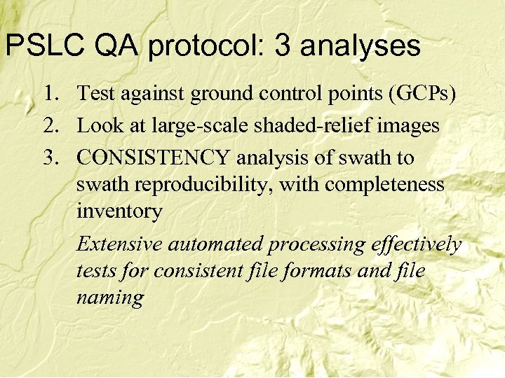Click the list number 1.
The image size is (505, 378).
pos(51,93)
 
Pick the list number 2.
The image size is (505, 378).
pos(51,126)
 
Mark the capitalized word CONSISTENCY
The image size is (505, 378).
pos(158,158)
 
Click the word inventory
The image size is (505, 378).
pos(119,211)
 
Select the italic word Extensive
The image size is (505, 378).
pos(118,244)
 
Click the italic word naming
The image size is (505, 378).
pos(110,298)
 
